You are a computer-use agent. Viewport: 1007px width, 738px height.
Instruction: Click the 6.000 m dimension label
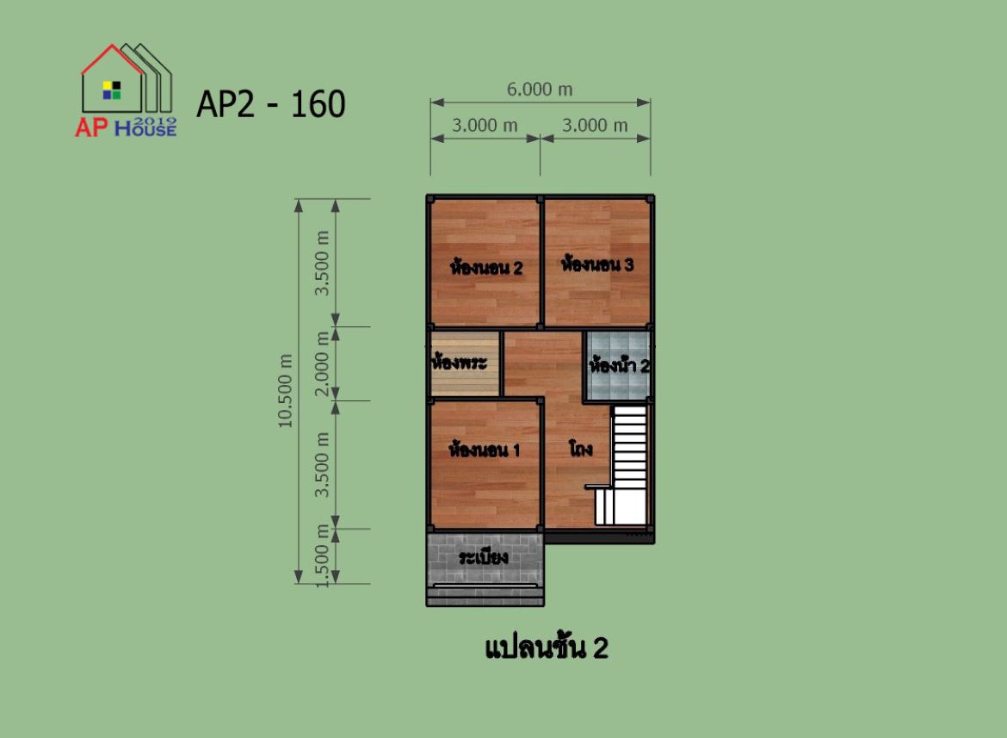pos(540,90)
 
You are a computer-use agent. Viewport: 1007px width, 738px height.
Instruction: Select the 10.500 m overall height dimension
pos(285,390)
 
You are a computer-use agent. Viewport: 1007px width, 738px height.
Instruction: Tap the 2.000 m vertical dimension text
pos(322,363)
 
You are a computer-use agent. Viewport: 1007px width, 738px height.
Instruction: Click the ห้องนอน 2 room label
pos(486,267)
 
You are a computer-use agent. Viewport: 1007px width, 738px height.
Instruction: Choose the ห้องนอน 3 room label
pos(597,264)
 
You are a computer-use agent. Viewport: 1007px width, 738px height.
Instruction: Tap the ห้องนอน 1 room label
pos(485,449)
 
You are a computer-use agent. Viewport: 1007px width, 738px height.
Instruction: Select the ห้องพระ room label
pos(460,362)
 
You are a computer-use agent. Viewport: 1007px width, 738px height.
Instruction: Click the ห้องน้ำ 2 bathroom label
pos(619,365)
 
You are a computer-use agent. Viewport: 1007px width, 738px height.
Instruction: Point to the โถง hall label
pos(581,449)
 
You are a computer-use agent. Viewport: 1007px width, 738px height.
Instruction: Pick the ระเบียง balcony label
pos(484,556)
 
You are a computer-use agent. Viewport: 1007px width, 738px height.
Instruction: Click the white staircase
pos(621,466)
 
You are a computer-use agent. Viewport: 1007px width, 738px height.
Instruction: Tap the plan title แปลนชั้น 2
pos(546,647)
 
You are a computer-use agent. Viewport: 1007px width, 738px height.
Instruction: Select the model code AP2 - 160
pos(271,104)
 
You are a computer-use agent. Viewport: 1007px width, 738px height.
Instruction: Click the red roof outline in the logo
pos(112,59)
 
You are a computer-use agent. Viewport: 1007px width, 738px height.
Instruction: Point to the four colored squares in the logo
pos(112,90)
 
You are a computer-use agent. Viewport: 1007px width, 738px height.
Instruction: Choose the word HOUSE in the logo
pos(145,129)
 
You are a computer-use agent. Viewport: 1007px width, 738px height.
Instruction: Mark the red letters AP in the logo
pos(91,127)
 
